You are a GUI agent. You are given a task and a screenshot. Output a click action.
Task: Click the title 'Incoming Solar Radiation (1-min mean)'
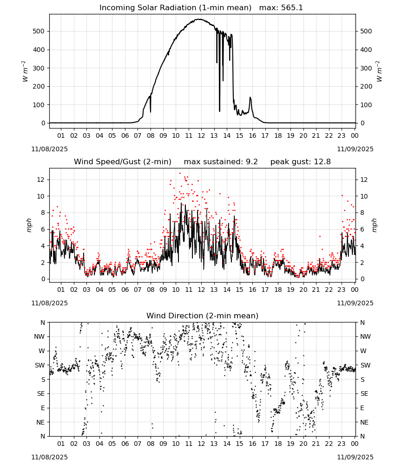point(175,8)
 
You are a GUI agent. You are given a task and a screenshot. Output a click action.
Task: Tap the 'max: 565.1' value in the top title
point(281,8)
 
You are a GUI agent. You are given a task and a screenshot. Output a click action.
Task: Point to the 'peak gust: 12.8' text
point(301,162)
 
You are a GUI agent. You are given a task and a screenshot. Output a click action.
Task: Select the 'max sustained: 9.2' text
point(221,162)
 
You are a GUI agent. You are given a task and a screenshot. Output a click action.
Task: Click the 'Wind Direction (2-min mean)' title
point(203,316)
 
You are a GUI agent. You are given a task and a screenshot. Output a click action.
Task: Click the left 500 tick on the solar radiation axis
point(39,32)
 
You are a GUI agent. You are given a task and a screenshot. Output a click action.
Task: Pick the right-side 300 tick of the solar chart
point(366,68)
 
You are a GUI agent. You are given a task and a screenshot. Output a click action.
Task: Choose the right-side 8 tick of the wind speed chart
point(362,213)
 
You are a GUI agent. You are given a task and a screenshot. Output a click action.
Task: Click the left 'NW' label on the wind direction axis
point(39,337)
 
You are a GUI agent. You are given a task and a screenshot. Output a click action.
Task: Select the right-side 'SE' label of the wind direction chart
point(364,394)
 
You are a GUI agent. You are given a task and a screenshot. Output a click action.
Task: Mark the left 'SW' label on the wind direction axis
point(39,366)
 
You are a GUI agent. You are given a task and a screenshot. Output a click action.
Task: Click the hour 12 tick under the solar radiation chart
point(201,136)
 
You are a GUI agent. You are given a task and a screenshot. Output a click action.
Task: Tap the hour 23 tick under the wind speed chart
point(342,290)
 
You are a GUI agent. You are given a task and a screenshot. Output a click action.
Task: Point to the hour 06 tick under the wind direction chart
point(125,444)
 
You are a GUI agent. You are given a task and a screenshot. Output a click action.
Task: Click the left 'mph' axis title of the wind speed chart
point(29,225)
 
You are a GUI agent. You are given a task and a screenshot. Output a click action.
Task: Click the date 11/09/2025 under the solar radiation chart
point(355,149)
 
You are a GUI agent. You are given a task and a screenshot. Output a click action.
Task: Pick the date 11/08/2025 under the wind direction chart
point(49,457)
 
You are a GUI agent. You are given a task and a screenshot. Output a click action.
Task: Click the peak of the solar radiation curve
point(199,19)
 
